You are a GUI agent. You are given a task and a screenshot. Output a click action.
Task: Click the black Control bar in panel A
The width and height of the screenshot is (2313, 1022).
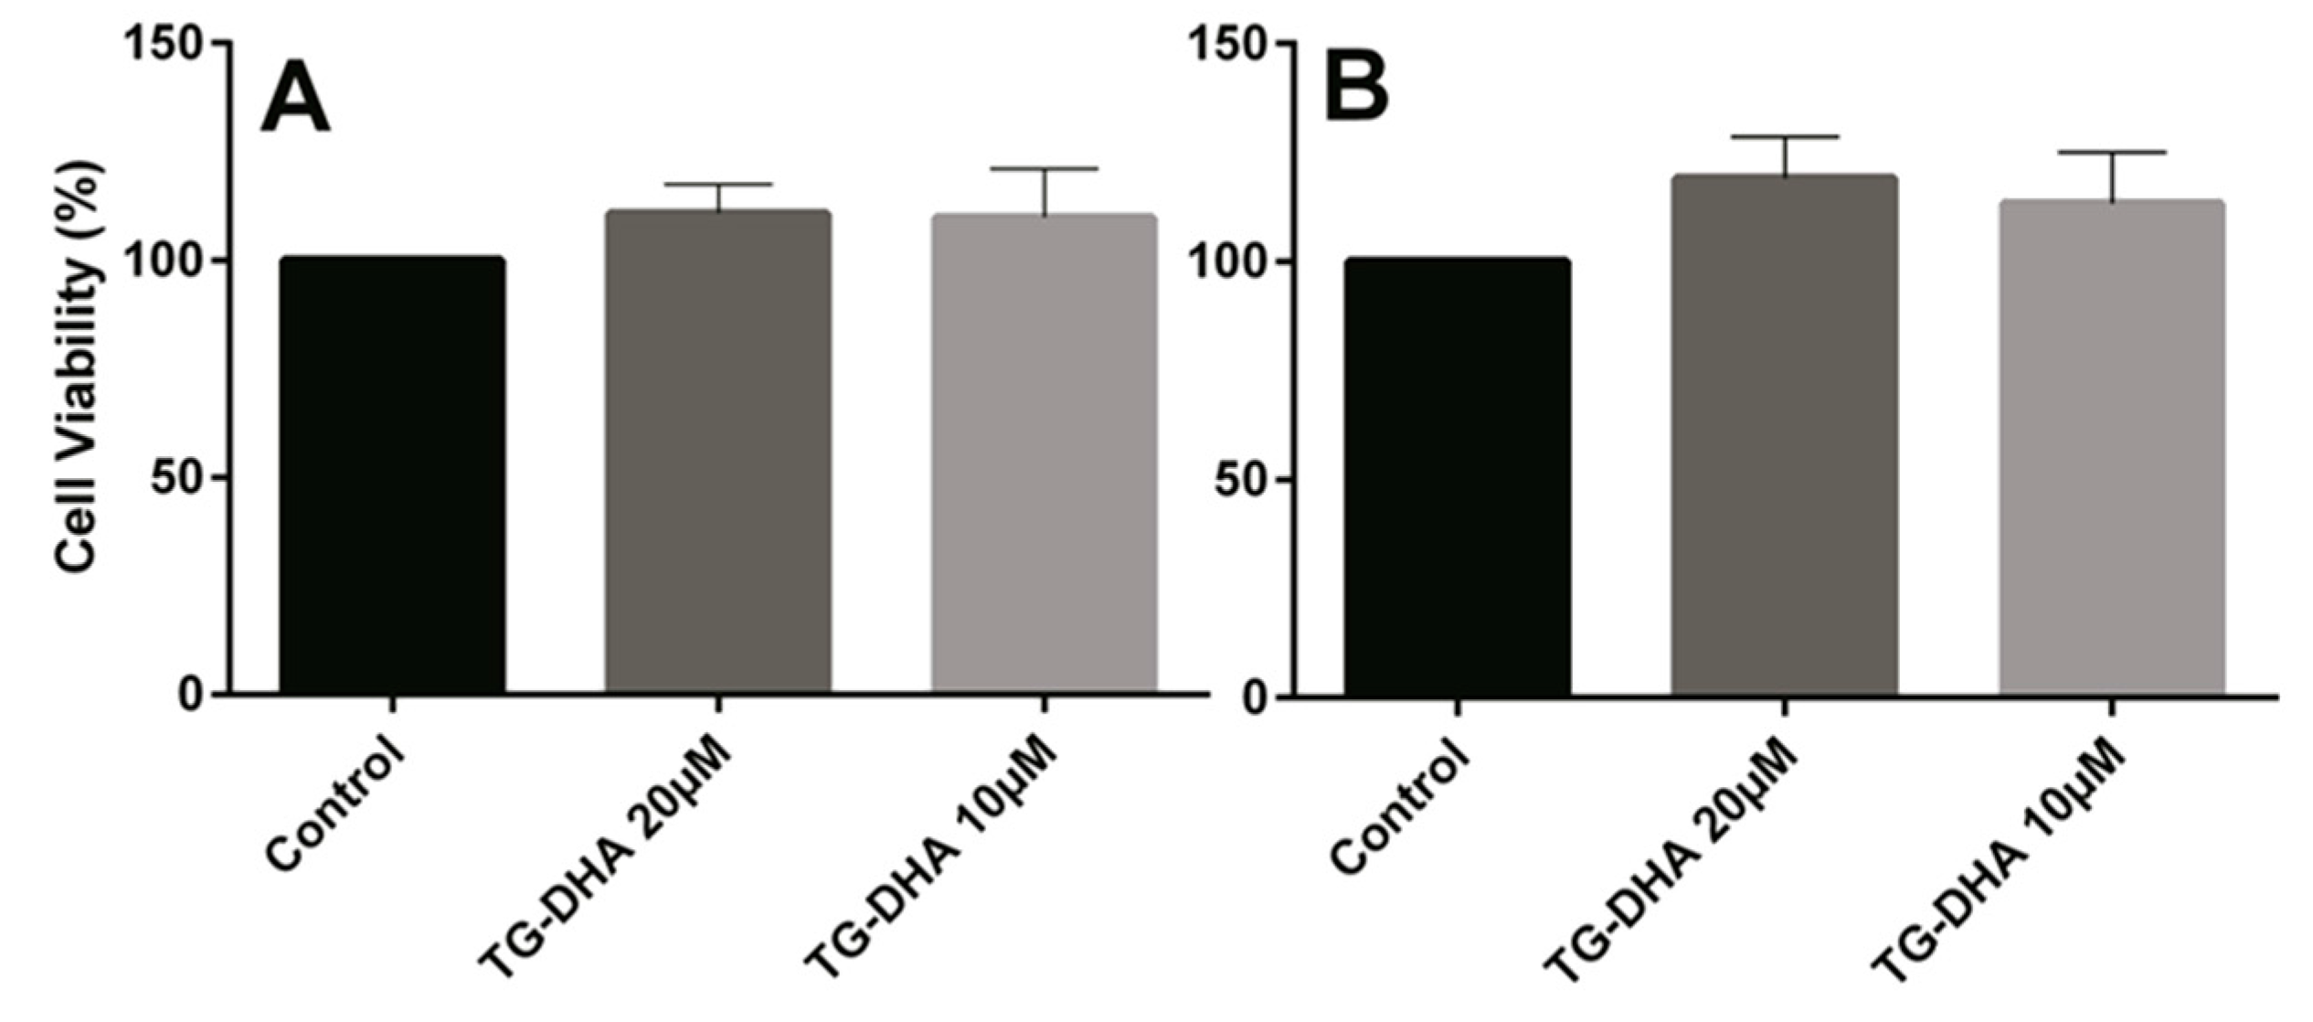pyautogui.click(x=392, y=475)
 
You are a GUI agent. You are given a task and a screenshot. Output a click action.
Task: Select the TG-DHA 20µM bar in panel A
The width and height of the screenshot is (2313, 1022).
pyautogui.click(x=718, y=452)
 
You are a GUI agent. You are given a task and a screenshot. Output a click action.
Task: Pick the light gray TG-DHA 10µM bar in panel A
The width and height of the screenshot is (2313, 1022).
pyautogui.click(x=1045, y=454)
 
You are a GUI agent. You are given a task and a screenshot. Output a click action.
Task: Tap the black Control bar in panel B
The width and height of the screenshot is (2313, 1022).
pyautogui.click(x=1457, y=477)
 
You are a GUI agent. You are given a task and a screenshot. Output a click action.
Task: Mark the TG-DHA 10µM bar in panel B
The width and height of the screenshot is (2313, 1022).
pyautogui.click(x=2112, y=447)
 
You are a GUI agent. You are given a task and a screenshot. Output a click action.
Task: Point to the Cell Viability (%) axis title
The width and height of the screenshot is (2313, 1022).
pyautogui.click(x=80, y=367)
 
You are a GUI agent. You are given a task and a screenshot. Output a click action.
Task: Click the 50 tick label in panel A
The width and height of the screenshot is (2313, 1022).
pyautogui.click(x=177, y=478)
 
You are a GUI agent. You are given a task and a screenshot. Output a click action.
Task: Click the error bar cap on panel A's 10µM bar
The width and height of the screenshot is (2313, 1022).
pyautogui.click(x=1045, y=169)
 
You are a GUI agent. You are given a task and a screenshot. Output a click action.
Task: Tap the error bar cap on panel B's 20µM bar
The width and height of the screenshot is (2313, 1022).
pyautogui.click(x=1785, y=137)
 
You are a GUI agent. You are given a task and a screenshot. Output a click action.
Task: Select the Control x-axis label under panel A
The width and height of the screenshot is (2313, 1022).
pyautogui.click(x=335, y=804)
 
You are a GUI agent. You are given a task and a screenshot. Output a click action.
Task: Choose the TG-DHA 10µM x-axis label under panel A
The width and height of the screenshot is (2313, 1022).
pyautogui.click(x=932, y=868)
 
